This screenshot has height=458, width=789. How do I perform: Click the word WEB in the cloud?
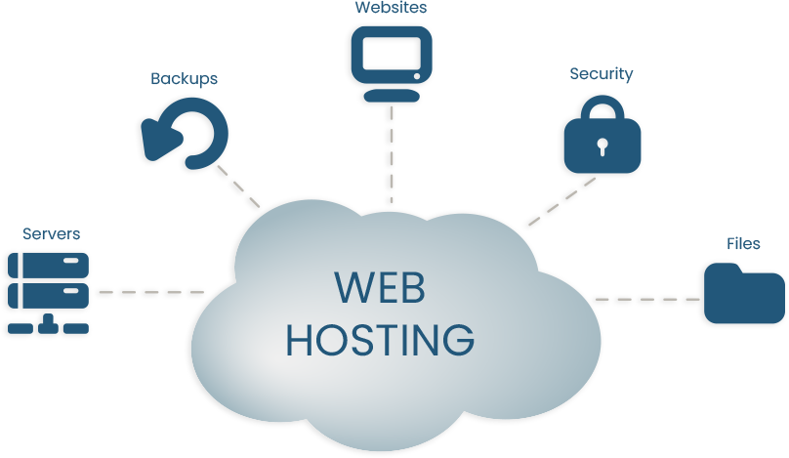(380, 289)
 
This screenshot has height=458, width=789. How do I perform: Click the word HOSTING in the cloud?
(381, 338)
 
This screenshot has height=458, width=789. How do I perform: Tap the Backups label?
(184, 78)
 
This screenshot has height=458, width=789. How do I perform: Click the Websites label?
(391, 8)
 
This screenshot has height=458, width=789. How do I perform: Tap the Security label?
(602, 74)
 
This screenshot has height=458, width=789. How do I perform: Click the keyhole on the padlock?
(602, 147)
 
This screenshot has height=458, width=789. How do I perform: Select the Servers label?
(51, 234)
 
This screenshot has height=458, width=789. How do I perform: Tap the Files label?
(743, 243)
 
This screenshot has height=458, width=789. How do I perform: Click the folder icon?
(744, 293)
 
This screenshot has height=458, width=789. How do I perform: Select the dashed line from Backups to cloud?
(239, 186)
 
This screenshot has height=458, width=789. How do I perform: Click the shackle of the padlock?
(602, 107)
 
